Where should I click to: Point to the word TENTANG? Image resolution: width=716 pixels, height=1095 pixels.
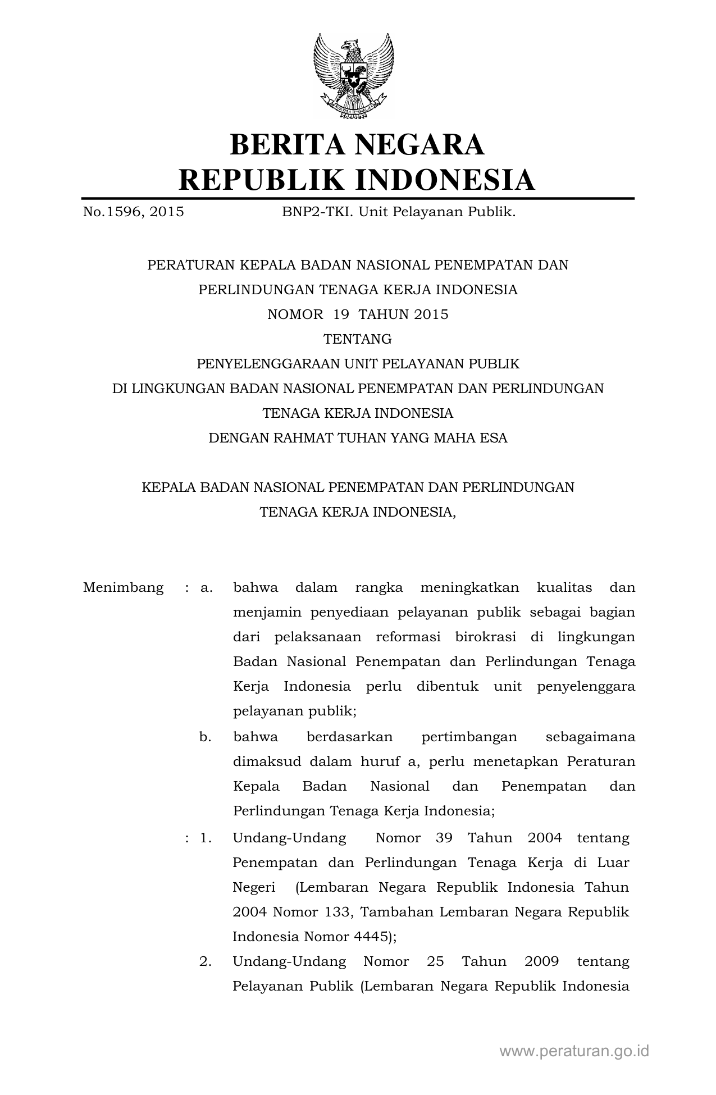(x=358, y=339)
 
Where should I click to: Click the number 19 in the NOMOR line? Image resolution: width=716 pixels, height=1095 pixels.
(x=341, y=314)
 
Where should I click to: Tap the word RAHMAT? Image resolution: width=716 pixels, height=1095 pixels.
(x=302, y=438)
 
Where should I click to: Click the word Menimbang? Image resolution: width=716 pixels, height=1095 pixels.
(x=124, y=588)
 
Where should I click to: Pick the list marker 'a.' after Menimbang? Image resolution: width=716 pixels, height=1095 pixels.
(x=206, y=588)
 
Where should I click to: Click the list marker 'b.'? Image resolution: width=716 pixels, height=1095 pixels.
(x=206, y=737)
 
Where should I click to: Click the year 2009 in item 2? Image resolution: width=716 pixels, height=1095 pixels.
(x=541, y=962)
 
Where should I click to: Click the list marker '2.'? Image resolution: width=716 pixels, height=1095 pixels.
(x=206, y=962)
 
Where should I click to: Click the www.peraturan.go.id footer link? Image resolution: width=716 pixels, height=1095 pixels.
(x=574, y=1051)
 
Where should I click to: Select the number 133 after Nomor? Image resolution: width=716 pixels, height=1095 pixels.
(x=338, y=912)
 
